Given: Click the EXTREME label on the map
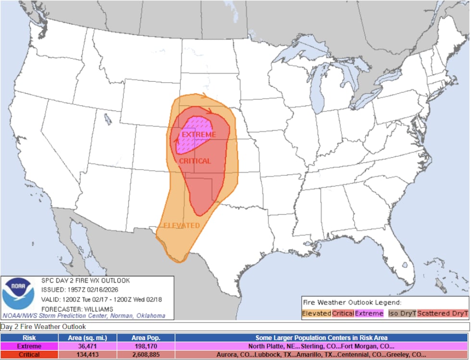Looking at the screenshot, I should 198,135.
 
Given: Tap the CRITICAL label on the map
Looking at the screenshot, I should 195,161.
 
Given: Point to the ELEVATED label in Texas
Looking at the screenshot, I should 182,225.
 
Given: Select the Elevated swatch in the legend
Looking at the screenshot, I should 317,313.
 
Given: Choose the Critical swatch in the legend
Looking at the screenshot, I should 343,313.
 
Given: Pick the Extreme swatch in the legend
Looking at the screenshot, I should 369,313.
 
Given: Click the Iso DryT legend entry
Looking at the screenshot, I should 402,313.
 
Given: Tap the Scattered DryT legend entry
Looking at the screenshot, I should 442,313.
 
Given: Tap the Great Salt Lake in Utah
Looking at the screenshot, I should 108,118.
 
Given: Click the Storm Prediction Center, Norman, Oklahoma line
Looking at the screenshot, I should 84,316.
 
